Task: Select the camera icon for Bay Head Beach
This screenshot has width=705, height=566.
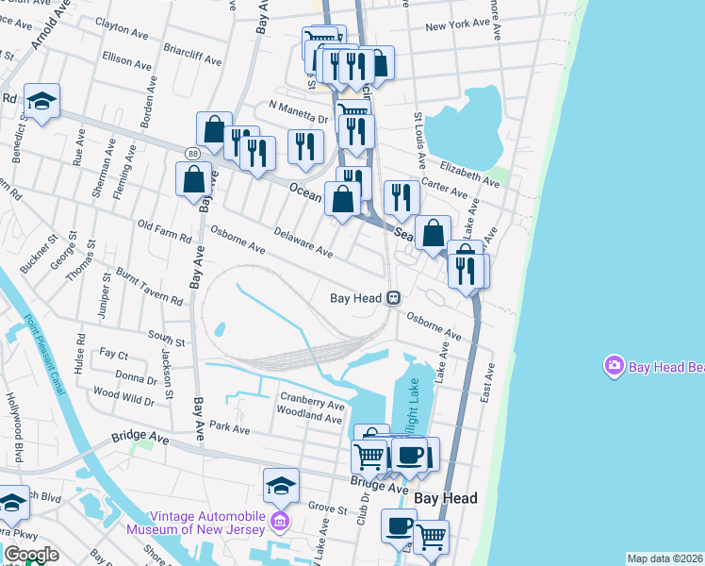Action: [x=615, y=364]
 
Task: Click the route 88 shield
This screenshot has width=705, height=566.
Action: [x=192, y=153]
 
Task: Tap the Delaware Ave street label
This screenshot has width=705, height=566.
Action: [x=303, y=242]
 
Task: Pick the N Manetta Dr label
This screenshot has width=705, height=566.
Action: [x=297, y=111]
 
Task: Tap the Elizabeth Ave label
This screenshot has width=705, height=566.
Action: [x=469, y=175]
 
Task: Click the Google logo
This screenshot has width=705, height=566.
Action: [x=30, y=555]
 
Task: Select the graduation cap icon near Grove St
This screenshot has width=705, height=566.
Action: [x=281, y=485]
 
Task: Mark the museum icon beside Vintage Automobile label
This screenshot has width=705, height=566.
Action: [x=278, y=522]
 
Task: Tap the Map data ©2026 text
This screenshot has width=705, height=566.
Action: [x=664, y=558]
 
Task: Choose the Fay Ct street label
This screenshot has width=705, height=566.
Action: [x=113, y=354]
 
